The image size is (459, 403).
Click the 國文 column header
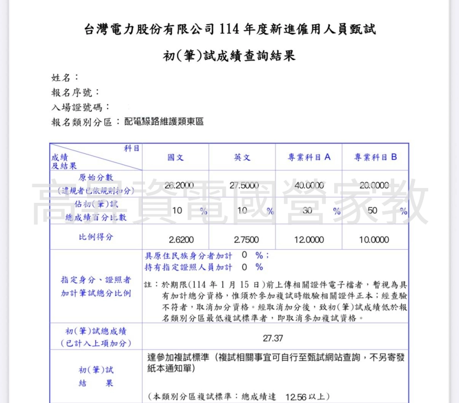(176, 157)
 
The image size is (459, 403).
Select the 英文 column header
(242, 157)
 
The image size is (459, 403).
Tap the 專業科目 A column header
(309, 157)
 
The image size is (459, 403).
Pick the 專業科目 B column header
(375, 157)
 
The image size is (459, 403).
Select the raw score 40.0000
(309, 185)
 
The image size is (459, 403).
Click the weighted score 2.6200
(181, 240)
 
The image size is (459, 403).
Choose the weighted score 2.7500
(246, 240)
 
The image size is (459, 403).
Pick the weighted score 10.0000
(374, 240)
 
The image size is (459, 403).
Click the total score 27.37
(273, 339)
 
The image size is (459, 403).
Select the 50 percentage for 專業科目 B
(373, 211)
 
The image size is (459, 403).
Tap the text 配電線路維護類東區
(164, 122)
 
